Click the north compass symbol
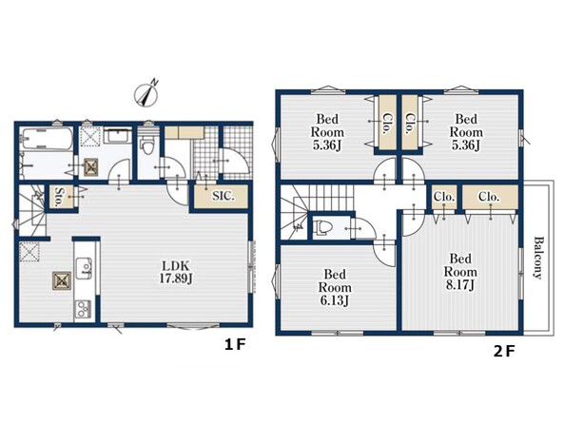click(146, 92)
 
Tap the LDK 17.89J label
click(176, 272)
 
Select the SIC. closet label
click(223, 197)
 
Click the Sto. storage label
click(57, 197)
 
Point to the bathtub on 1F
click(46, 140)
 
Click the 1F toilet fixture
click(147, 144)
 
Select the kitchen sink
click(84, 268)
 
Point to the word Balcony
click(537, 257)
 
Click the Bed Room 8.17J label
click(460, 271)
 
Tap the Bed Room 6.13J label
click(335, 287)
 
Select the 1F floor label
click(235, 345)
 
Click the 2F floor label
click(504, 351)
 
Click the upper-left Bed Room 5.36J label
click(327, 132)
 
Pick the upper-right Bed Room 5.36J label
click(466, 132)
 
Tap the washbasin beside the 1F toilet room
click(118, 136)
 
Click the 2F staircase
click(317, 211)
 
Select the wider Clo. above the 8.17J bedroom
click(490, 197)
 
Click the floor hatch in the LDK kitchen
click(62, 280)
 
